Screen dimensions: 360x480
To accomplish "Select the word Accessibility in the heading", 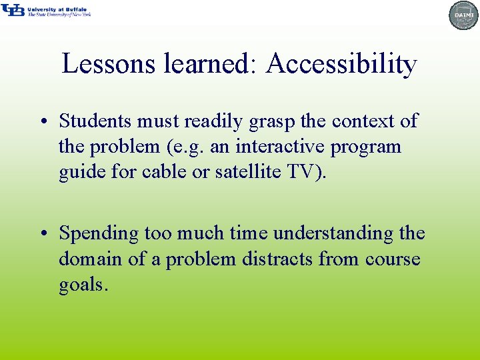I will point(341,64).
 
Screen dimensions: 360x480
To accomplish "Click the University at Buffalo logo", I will point(45,11).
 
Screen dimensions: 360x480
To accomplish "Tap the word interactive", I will point(280,146).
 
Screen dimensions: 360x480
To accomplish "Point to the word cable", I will point(177,171).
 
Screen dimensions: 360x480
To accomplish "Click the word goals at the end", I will point(81,285).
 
